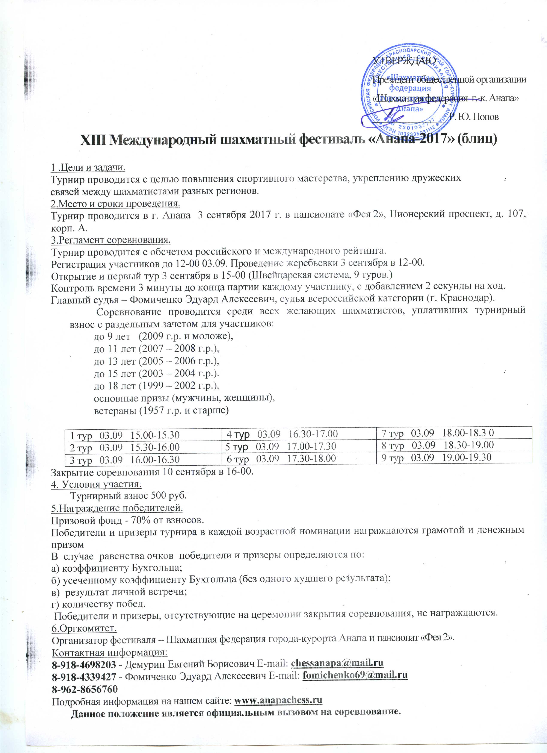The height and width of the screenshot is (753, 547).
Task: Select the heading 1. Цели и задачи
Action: pyautogui.click(x=88, y=168)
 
